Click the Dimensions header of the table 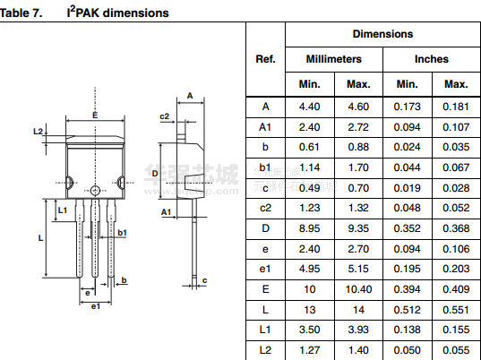pos(382,34)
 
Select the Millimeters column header pos(334,59)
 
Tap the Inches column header pos(432,59)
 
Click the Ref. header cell pos(265,59)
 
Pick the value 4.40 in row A pos(310,107)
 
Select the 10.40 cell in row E pos(358,289)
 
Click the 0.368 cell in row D pos(456,228)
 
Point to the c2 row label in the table pos(265,209)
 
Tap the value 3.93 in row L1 pos(358,330)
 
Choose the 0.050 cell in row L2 pos(407,350)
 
